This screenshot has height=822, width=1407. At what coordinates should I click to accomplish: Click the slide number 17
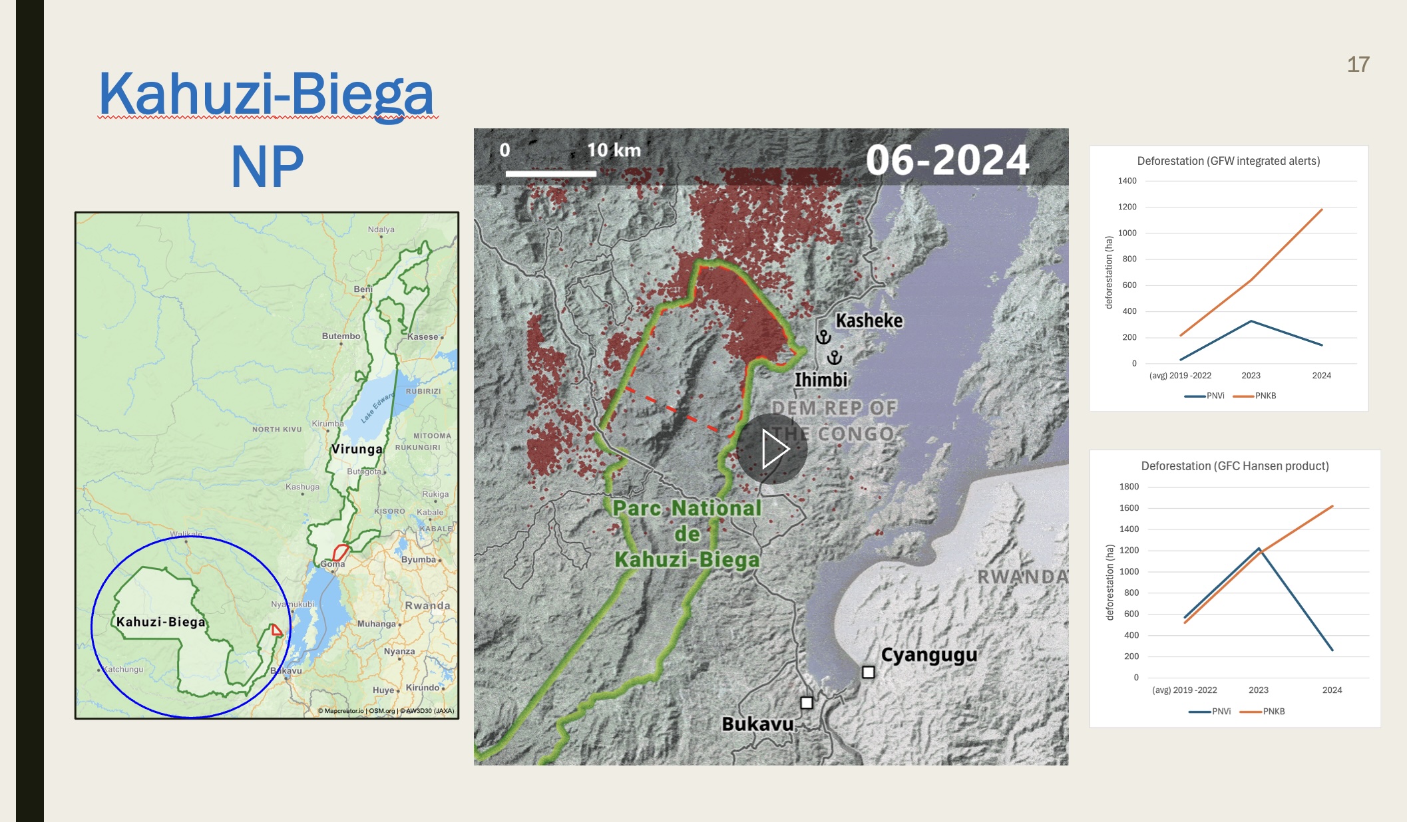coord(1358,65)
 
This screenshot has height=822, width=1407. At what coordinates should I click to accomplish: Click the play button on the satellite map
coord(772,449)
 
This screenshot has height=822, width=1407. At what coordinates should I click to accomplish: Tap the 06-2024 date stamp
coord(947,160)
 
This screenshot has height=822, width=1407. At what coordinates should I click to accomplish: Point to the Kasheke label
coord(869,321)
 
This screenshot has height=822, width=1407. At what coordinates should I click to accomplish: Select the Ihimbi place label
coord(821,380)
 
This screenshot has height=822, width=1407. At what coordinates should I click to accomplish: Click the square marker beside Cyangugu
coord(868,672)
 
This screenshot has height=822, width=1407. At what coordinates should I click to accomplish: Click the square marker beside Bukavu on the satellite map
coord(807,702)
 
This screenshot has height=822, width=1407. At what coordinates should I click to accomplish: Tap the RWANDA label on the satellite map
coord(1022,577)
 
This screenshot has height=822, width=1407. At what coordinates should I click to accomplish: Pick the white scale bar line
coord(550,174)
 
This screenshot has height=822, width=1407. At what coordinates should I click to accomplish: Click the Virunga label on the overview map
coord(357,449)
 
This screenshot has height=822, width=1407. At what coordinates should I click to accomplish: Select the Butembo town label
coord(341,336)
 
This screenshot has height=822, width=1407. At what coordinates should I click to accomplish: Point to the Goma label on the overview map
coord(332,563)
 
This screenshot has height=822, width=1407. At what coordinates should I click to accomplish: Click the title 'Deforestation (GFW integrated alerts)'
coord(1228,161)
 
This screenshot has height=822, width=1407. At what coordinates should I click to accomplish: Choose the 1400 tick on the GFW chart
coord(1127,181)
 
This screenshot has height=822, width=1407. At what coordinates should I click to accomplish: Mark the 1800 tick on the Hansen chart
coord(1129,487)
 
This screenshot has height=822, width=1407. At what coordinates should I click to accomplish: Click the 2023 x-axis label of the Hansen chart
coord(1258,690)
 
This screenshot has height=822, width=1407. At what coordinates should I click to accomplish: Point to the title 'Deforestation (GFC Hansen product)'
coord(1235,466)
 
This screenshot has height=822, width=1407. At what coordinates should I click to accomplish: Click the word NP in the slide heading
coord(267,167)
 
